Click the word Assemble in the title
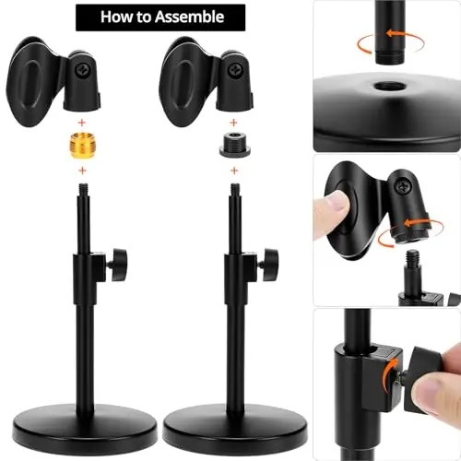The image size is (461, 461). coord(189,17)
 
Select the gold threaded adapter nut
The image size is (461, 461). coord(81,146)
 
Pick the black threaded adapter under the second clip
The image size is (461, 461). coord(234,145)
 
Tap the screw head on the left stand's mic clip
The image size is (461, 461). coord(82,69)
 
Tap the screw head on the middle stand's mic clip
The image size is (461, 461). coord(235,69)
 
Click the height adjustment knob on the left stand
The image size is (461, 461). coord(118,265)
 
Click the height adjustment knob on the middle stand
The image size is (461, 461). coord(270,265)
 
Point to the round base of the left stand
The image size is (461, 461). coord(85,430)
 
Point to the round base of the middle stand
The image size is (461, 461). coord(235,430)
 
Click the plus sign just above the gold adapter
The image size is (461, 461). coord(82,123)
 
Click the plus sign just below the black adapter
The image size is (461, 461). coord(234,171)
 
